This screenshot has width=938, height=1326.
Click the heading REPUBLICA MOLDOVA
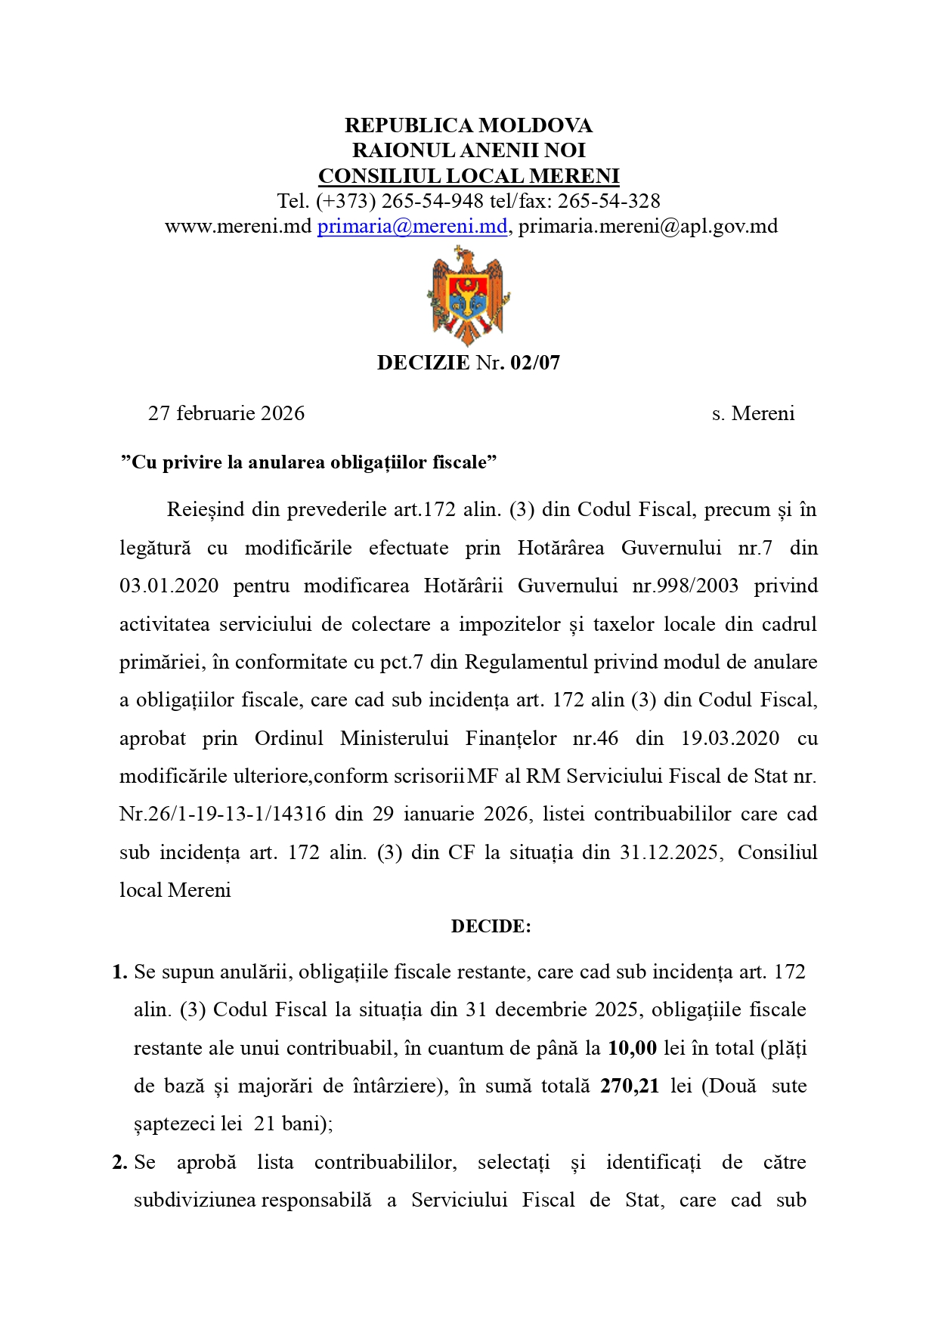coord(469,125)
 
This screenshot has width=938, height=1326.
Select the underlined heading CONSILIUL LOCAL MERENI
coord(469,176)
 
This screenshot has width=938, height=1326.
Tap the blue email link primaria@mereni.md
coord(412,226)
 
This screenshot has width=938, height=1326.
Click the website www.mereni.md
coord(238,226)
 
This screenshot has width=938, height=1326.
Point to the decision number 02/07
coord(535,363)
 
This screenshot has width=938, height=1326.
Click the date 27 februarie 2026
coord(226,413)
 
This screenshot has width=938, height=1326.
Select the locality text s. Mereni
coord(753,413)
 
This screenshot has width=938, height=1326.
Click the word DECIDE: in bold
coord(491,926)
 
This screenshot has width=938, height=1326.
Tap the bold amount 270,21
coord(630,1086)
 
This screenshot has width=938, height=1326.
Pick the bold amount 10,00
coord(632,1048)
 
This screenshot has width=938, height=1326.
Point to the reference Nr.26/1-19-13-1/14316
coord(223,814)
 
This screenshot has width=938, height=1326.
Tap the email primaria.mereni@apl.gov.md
coord(648,226)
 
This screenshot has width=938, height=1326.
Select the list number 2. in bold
coord(119,1162)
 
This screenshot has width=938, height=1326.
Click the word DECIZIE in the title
coord(423,363)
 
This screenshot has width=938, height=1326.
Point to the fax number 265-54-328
coord(608,201)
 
